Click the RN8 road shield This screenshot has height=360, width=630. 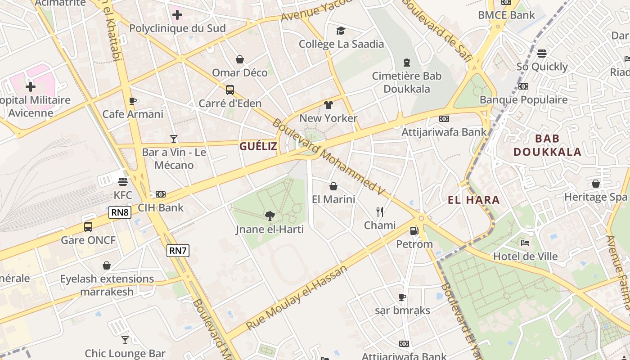point(120,212)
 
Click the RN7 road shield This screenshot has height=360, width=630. point(178,251)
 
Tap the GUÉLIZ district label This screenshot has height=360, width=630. point(258,146)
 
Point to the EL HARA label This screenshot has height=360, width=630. point(474,200)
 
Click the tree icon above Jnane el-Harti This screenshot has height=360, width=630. point(270,216)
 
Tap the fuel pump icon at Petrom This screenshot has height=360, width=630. point(414,231)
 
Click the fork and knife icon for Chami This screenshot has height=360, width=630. point(380,211)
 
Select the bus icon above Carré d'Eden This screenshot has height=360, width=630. point(230,90)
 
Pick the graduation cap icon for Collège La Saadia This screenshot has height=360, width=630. point(341,31)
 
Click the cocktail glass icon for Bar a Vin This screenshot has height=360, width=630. point(174,139)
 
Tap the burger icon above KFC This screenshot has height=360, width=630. point(123,182)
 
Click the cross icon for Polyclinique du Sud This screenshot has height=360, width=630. point(177,15)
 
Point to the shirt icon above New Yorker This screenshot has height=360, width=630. point(328,105)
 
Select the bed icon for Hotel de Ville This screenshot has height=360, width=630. point(525,243)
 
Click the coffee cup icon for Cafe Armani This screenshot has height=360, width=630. point(132,101)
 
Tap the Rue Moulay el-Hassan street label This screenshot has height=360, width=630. point(297,297)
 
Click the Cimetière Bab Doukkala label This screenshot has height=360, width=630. point(407,82)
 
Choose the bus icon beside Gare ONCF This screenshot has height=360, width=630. point(88,226)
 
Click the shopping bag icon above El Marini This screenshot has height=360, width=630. point(333,186)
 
